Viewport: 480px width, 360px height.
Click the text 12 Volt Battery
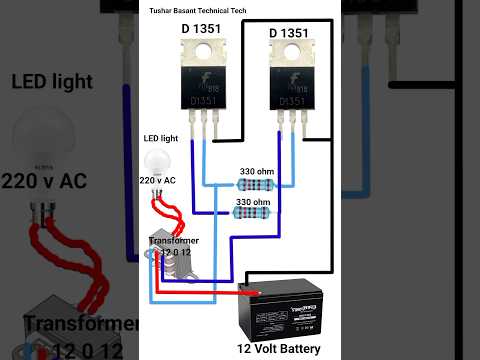[x=279, y=349]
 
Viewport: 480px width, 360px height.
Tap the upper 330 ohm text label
[x=258, y=171]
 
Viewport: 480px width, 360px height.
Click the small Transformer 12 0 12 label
[x=173, y=245]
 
